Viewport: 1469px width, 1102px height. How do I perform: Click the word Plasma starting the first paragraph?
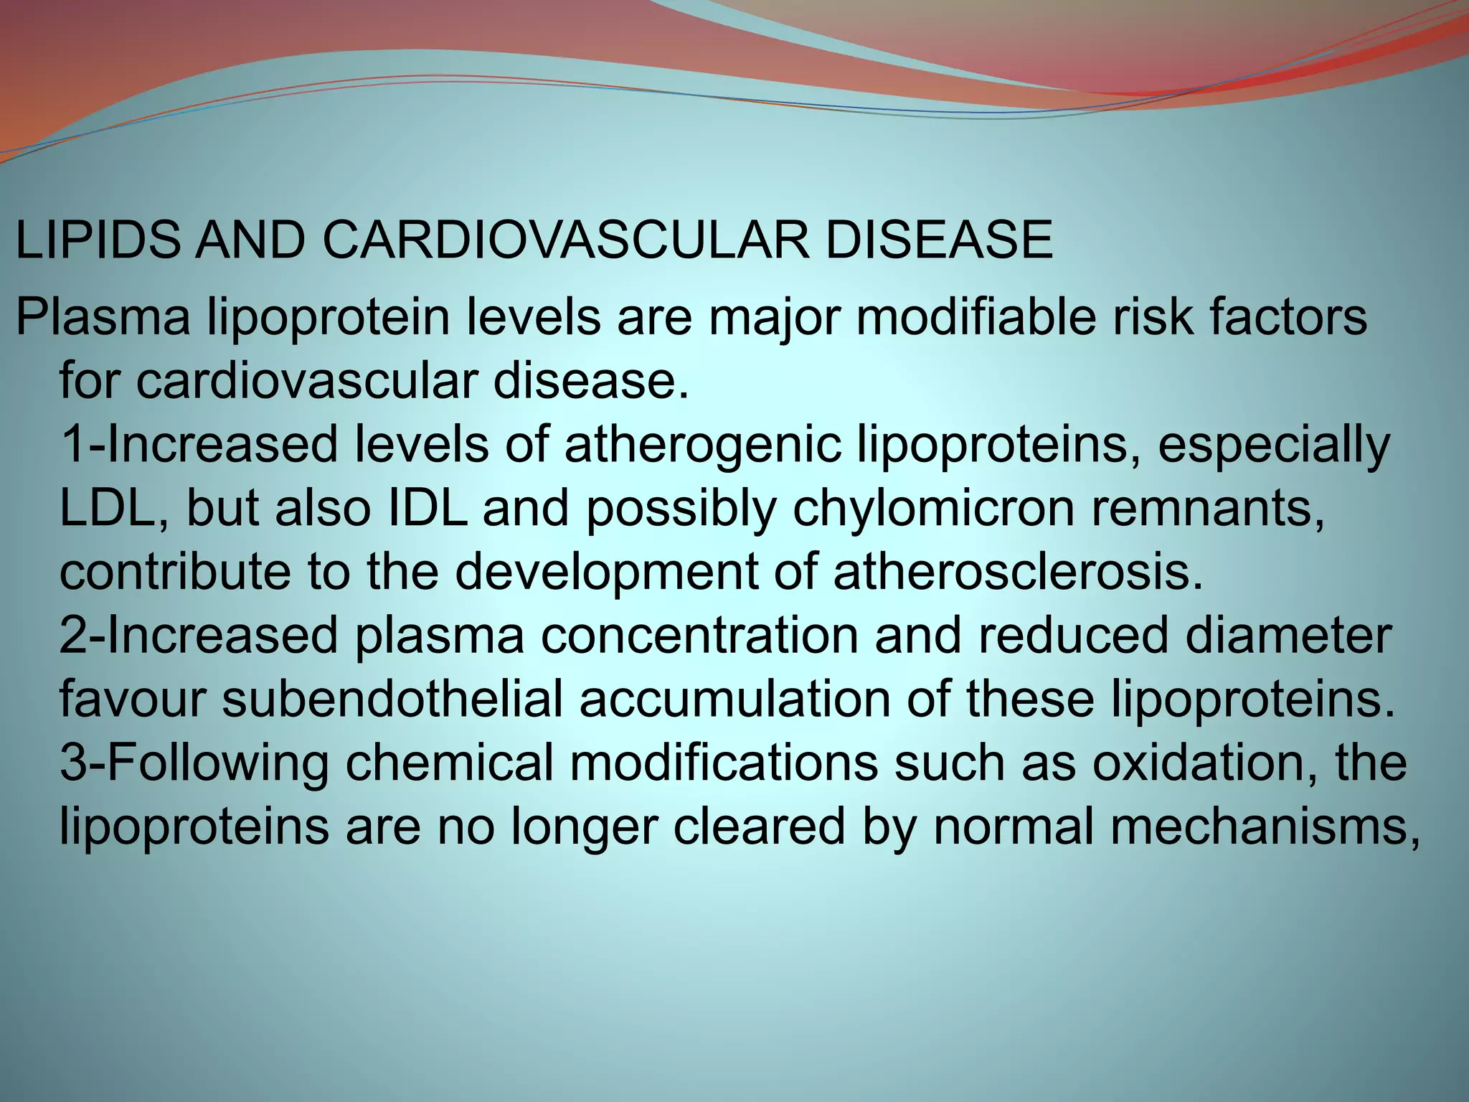103,319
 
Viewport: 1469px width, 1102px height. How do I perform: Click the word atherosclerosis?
1017,572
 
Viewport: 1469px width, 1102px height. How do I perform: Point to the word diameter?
1288,636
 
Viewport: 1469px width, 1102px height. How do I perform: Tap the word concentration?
699,636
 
